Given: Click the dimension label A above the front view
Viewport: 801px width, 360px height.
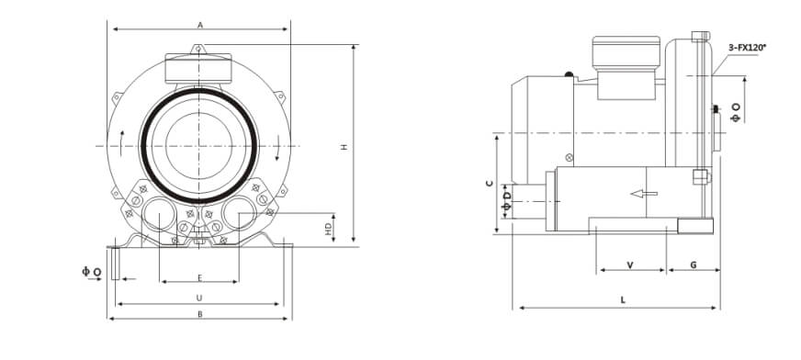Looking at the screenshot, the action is pos(200,25).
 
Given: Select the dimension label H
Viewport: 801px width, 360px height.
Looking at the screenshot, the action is pos(344,147).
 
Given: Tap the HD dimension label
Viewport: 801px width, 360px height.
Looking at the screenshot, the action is pos(329,230).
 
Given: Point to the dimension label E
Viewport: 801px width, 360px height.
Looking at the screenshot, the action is pos(200,277).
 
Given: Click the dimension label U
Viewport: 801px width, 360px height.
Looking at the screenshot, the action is pos(199,298).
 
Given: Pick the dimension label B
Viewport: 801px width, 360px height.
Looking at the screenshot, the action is pos(199,314).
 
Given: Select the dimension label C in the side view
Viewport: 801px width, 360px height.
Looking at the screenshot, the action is pos(490,184).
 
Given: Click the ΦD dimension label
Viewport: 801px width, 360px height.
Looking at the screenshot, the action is pos(506,201).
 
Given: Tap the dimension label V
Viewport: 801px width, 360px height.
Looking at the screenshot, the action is pos(630,265).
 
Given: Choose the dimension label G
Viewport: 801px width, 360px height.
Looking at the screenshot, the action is pos(694,265).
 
